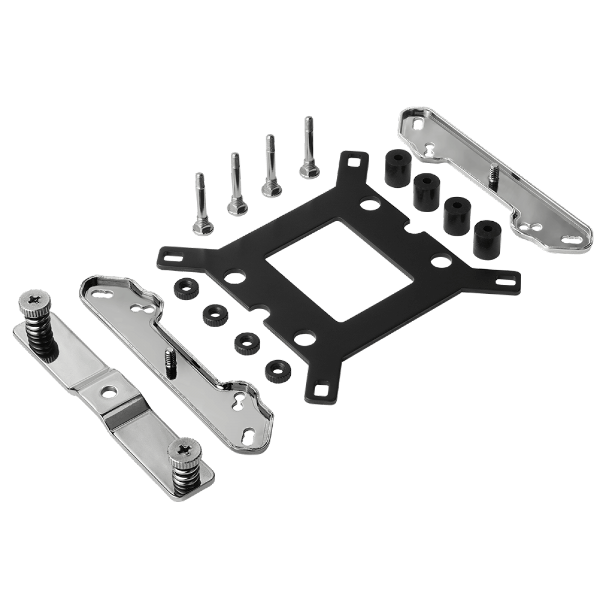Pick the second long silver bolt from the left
[235, 184]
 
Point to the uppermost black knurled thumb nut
[181, 290]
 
